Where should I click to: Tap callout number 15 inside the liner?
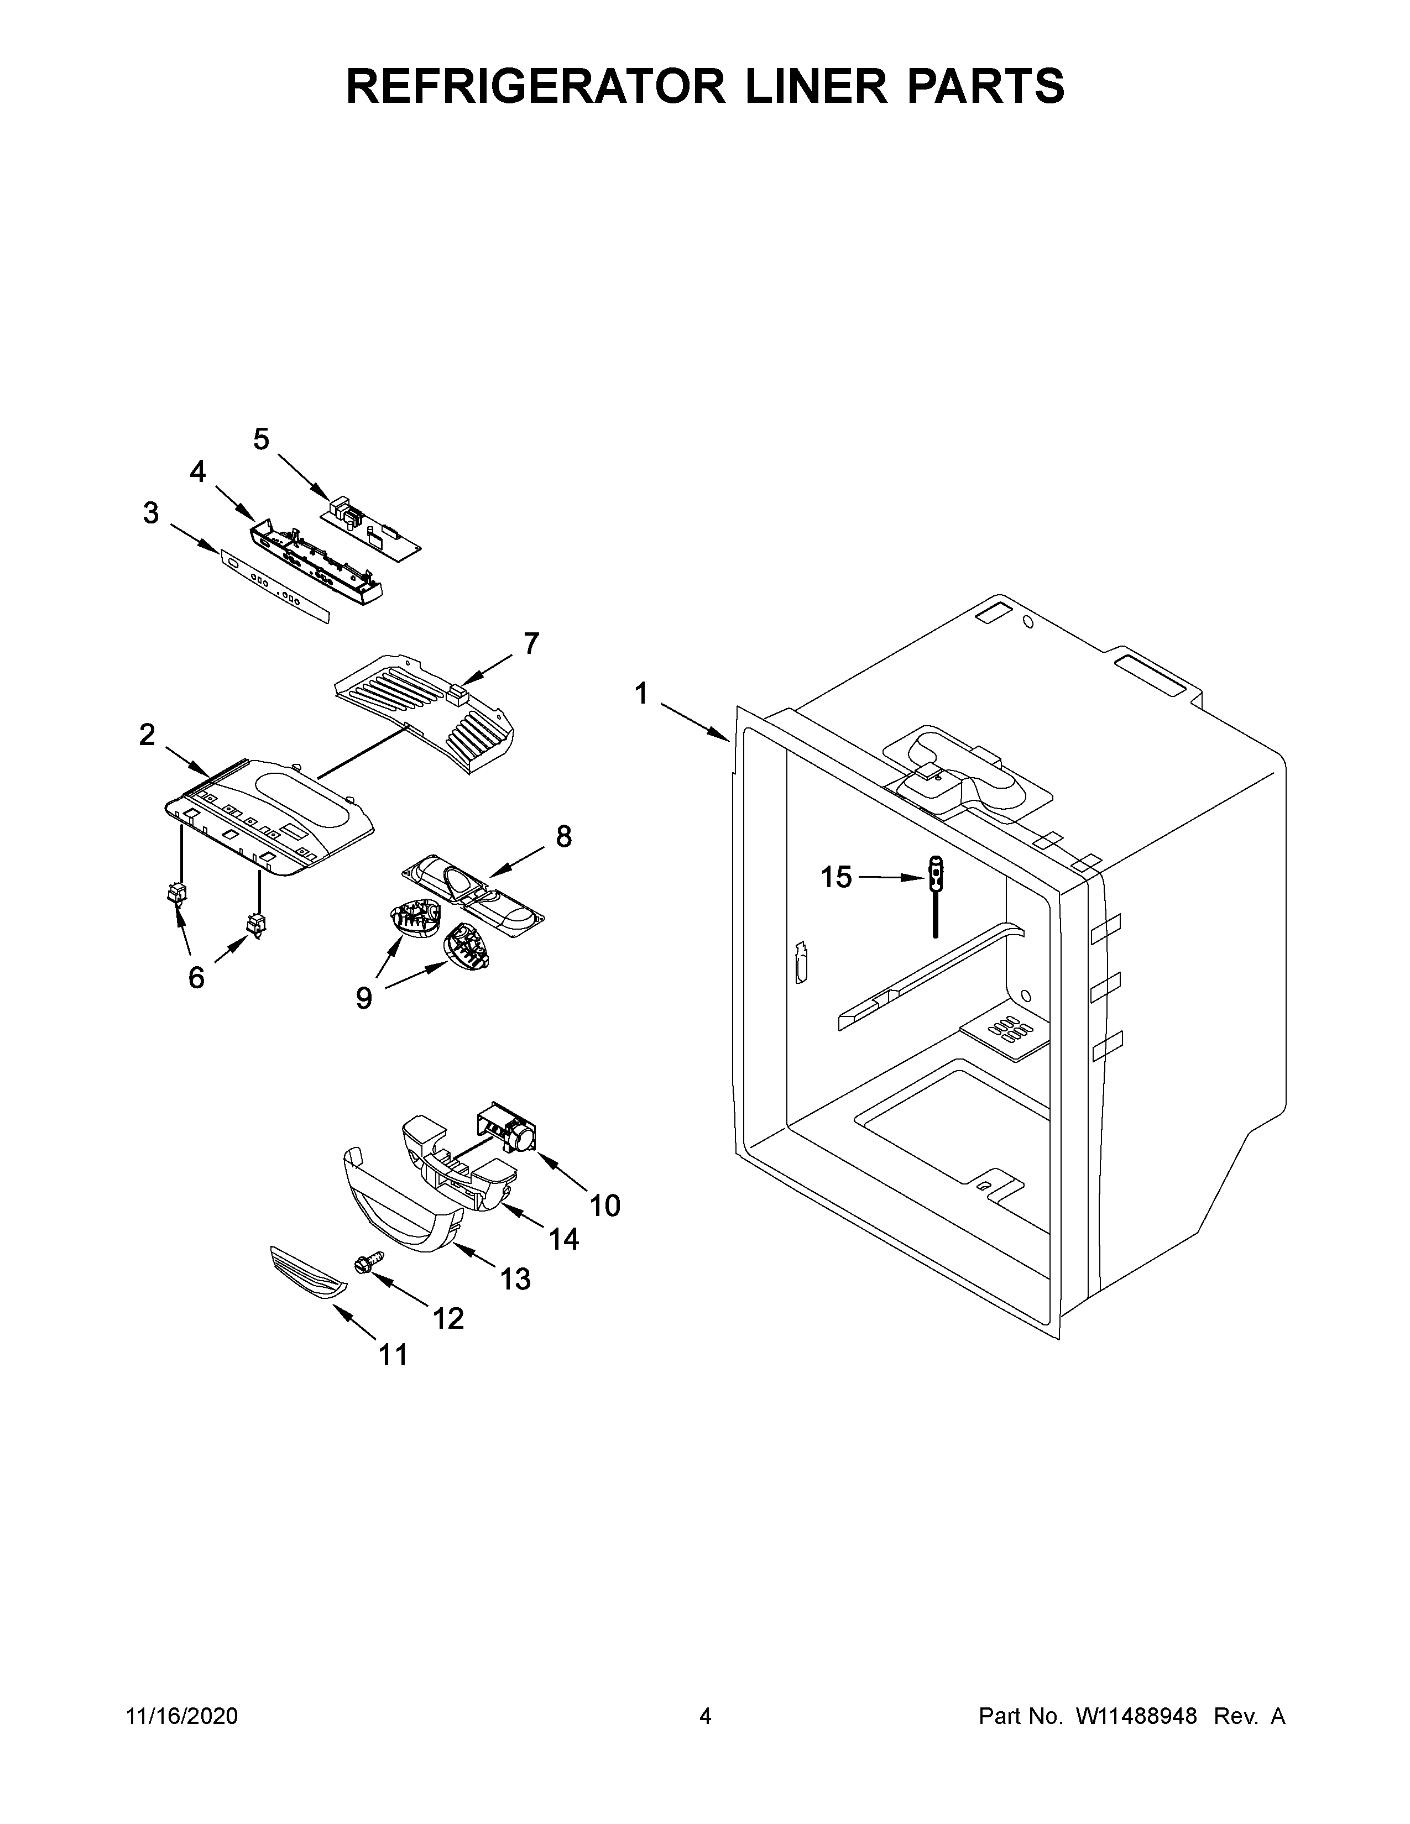[835, 878]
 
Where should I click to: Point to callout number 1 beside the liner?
[641, 693]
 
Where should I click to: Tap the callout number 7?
[531, 644]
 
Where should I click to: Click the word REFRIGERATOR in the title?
[535, 86]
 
